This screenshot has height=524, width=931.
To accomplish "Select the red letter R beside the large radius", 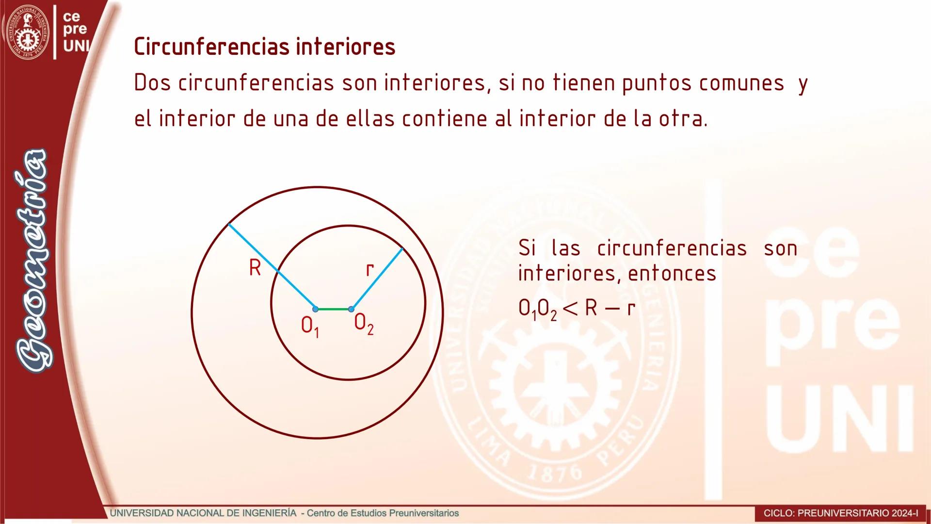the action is pos(255,267).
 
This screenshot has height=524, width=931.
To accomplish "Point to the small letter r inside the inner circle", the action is pos(369,269).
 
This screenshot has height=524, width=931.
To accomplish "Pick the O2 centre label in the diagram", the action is pos(364,324).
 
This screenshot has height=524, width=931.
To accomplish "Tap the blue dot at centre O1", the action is pos(315,309).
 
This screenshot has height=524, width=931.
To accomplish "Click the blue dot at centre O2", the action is pos(351,309).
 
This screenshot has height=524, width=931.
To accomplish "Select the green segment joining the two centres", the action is pos(333,309).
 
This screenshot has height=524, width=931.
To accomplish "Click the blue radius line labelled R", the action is pos(272,266).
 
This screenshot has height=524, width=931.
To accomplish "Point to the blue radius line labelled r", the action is pos(377,279).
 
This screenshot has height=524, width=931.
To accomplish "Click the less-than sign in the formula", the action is pos(570,308).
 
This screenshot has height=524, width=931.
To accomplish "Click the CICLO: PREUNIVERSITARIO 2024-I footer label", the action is pos(841,513).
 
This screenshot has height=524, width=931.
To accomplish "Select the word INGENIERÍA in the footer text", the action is pos(269,513).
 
